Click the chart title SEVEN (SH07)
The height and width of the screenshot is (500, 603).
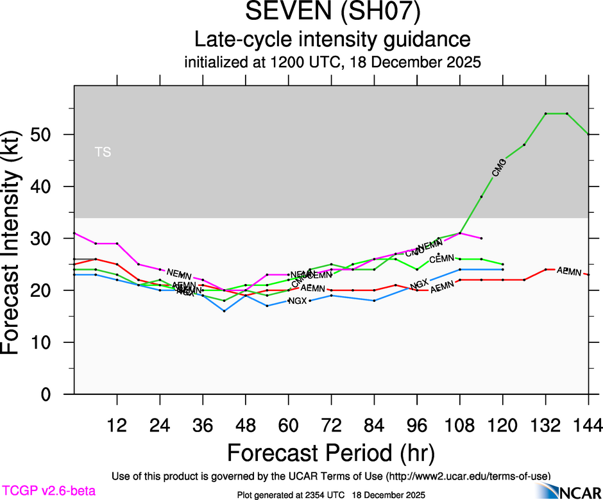point(332,13)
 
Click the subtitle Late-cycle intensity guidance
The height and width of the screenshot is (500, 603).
point(332,40)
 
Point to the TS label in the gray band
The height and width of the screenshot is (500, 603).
point(103,152)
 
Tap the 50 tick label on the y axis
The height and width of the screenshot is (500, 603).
point(51,135)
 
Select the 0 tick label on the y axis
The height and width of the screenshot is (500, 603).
point(57,394)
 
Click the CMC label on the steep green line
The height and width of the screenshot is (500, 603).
point(499,168)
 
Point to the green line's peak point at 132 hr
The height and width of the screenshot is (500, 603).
point(546,113)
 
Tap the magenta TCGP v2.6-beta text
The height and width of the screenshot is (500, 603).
point(48,491)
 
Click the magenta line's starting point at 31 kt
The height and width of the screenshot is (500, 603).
point(74,233)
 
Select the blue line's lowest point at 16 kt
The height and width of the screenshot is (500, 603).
point(224,311)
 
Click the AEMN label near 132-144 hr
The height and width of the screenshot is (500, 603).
point(569,272)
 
